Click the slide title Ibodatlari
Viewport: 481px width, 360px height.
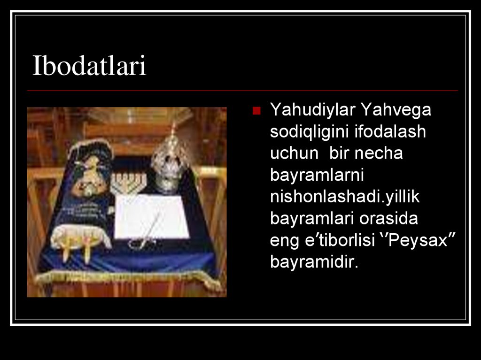[x=89, y=65]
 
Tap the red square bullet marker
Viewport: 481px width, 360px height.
[x=256, y=111]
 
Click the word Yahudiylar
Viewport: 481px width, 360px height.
[x=312, y=110]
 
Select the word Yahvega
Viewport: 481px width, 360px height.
[x=396, y=110]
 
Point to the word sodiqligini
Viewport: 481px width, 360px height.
[x=310, y=132]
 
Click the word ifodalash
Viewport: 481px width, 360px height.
[x=390, y=131]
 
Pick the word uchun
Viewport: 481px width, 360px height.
[x=294, y=153]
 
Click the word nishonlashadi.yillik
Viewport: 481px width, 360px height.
[x=345, y=197]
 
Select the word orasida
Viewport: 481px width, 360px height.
[x=388, y=219]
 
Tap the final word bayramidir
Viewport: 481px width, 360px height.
[x=314, y=262]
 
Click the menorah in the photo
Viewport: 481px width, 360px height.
[x=128, y=184]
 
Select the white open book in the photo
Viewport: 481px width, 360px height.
[x=152, y=216]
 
